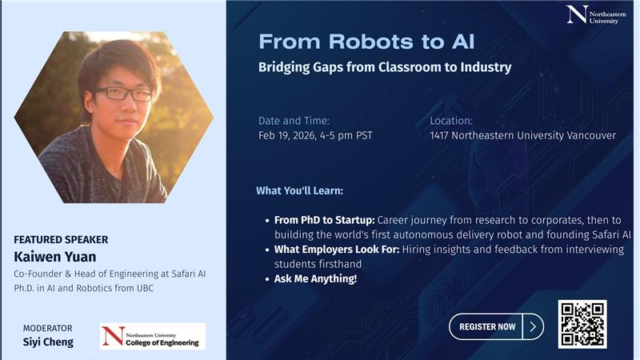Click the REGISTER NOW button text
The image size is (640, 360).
click(487, 326)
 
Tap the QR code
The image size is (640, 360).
click(582, 324)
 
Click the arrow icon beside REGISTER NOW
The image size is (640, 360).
click(533, 326)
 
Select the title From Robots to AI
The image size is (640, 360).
click(366, 42)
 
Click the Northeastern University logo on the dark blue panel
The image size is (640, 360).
click(596, 14)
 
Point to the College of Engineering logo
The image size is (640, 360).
click(153, 336)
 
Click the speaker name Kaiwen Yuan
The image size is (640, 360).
click(55, 257)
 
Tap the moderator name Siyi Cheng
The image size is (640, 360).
click(48, 342)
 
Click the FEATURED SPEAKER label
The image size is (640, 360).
click(62, 239)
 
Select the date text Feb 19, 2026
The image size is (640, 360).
click(286, 136)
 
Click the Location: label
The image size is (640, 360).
click(451, 121)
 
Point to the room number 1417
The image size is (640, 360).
click(439, 135)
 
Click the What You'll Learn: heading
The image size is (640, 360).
click(299, 190)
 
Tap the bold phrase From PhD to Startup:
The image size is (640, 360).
click(325, 220)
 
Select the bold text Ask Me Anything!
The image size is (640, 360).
click(315, 278)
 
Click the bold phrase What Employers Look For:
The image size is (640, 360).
click(337, 250)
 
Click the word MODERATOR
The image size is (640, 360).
click(48, 328)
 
